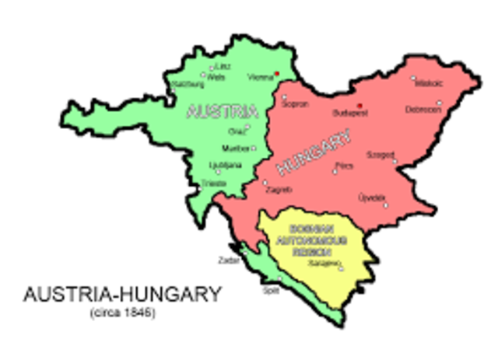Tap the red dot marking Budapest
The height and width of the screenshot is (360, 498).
[359, 104]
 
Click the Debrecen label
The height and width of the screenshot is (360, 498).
[423, 110]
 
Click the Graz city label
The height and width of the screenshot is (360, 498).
[236, 131]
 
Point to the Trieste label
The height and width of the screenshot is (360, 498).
[213, 183]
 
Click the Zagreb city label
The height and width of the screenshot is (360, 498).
[279, 190]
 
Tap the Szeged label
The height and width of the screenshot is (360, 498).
[381, 155]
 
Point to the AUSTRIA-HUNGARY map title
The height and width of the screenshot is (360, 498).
[122, 296]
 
